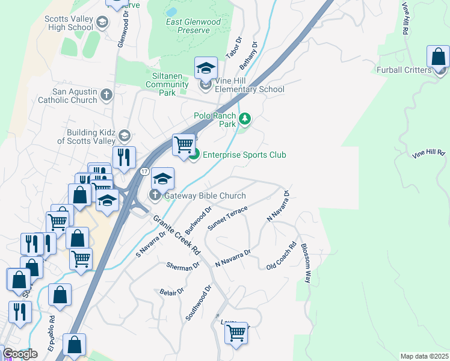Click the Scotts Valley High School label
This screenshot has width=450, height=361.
point(69,23)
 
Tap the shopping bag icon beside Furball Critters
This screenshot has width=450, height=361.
point(439,58)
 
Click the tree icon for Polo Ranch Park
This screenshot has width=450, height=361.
point(244,119)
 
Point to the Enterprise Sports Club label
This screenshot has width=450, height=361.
point(244,155)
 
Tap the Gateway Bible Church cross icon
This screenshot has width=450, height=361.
point(155,196)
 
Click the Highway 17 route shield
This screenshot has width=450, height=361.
point(144,172)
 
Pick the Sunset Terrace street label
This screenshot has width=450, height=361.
point(227,217)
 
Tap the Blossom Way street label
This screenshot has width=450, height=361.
point(306,263)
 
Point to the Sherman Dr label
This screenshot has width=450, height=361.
point(183,265)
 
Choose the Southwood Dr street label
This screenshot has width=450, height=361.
point(199,303)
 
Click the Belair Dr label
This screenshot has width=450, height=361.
point(171,292)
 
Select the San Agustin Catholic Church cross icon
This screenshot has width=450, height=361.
point(106,95)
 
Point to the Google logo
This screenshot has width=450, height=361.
point(20,354)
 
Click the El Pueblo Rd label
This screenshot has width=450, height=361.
point(52,333)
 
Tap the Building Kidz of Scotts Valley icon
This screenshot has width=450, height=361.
point(125,135)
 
